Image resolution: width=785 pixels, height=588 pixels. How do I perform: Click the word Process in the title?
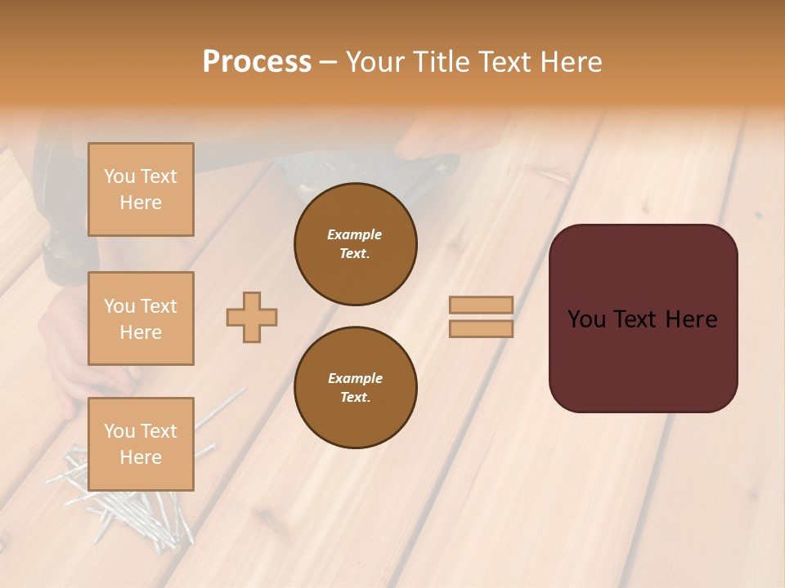tap(257, 62)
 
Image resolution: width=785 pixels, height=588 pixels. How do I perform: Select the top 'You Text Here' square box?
tap(141, 189)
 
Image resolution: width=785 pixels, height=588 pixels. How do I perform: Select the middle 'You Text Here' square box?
tap(141, 318)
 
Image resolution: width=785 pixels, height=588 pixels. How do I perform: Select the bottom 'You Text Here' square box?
tap(141, 443)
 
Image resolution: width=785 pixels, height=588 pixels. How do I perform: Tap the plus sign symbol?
tap(252, 317)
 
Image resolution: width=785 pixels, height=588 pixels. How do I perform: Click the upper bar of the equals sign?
tap(482, 305)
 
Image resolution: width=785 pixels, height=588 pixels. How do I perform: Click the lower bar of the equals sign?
tap(482, 328)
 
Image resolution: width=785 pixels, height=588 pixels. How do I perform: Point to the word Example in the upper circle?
tap(355, 234)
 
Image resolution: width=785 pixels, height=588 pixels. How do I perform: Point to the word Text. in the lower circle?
tap(355, 397)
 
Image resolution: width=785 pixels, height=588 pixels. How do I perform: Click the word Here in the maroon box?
tap(691, 319)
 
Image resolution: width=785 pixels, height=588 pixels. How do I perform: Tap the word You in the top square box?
tap(119, 176)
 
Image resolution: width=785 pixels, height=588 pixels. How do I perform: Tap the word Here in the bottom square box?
tap(141, 457)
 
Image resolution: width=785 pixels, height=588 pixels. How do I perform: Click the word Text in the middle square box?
tap(159, 306)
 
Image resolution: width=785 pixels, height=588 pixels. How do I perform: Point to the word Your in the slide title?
tap(376, 62)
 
